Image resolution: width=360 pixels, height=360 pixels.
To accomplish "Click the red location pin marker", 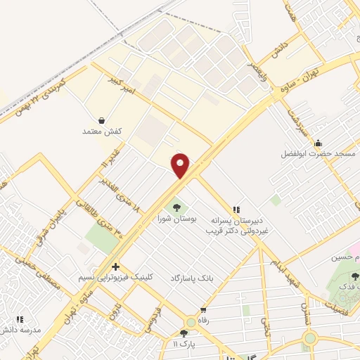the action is point(181,165).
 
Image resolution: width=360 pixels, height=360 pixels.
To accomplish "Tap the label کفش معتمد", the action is point(103,131).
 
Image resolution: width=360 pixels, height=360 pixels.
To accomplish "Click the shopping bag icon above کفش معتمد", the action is point(103,120).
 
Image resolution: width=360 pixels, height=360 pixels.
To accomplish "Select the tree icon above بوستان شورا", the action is point(176,208).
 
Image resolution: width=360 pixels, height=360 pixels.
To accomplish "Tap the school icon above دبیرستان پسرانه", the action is point(237,209).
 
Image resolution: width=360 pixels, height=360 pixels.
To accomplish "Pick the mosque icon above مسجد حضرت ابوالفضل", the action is point(319,142).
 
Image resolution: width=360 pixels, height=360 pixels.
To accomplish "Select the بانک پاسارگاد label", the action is point(191,278).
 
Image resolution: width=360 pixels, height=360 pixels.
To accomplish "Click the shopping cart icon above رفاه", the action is point(204,309).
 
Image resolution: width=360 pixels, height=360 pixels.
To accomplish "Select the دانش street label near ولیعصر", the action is point(282,49).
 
